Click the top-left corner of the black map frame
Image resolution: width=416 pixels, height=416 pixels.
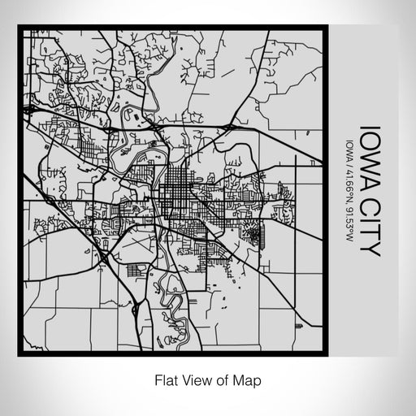pyautogui.click(x=20, y=28)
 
